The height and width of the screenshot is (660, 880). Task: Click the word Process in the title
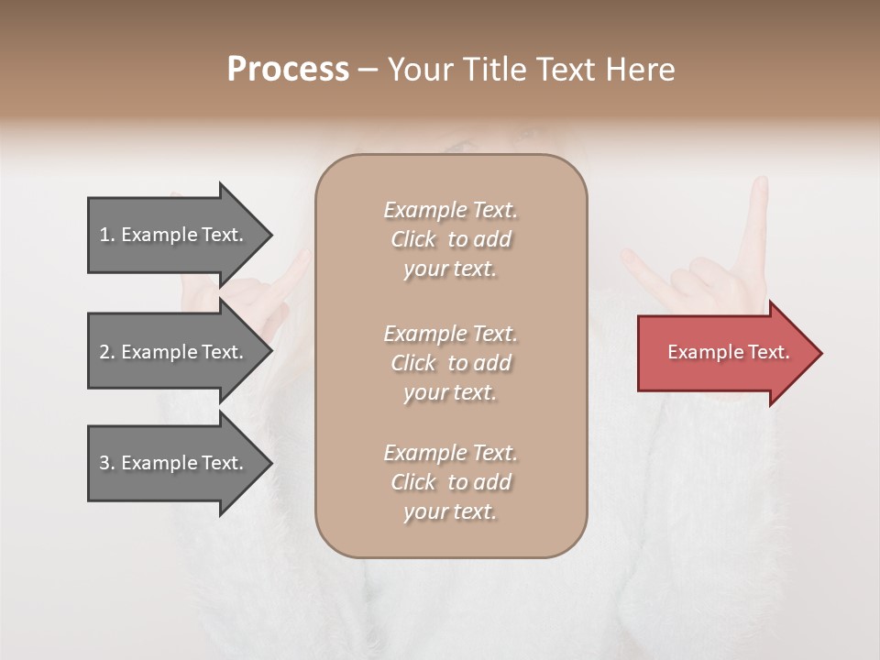click(x=288, y=70)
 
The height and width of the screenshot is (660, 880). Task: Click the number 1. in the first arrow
click(x=107, y=235)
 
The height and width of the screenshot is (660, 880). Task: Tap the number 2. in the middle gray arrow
click(x=107, y=352)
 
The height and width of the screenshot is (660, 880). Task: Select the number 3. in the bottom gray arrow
click(x=107, y=463)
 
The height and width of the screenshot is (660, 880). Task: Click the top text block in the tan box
click(x=450, y=239)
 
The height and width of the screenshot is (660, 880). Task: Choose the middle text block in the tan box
click(x=450, y=363)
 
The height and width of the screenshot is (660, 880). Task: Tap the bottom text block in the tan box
click(x=450, y=482)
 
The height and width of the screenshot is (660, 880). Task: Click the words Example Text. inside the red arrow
click(x=728, y=352)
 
